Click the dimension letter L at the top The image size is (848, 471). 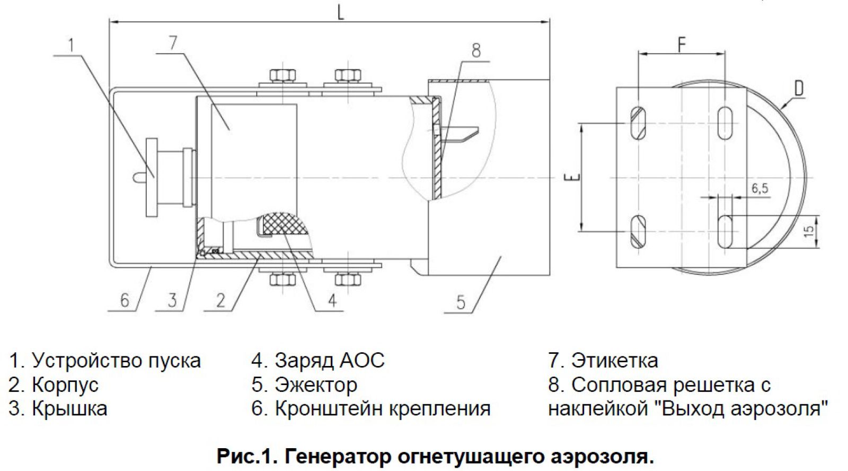point(340,12)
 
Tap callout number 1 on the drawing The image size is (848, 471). point(73,45)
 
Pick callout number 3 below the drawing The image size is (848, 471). point(172,300)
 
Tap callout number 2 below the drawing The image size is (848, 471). point(220,300)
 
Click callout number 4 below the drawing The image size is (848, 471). point(331,300)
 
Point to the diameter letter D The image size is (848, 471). point(799,89)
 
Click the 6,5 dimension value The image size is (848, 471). point(759,188)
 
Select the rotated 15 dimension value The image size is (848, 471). point(808,231)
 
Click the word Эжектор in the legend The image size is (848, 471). point(316,385)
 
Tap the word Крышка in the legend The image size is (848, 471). point(69,408)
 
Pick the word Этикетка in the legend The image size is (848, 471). point(614,361)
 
